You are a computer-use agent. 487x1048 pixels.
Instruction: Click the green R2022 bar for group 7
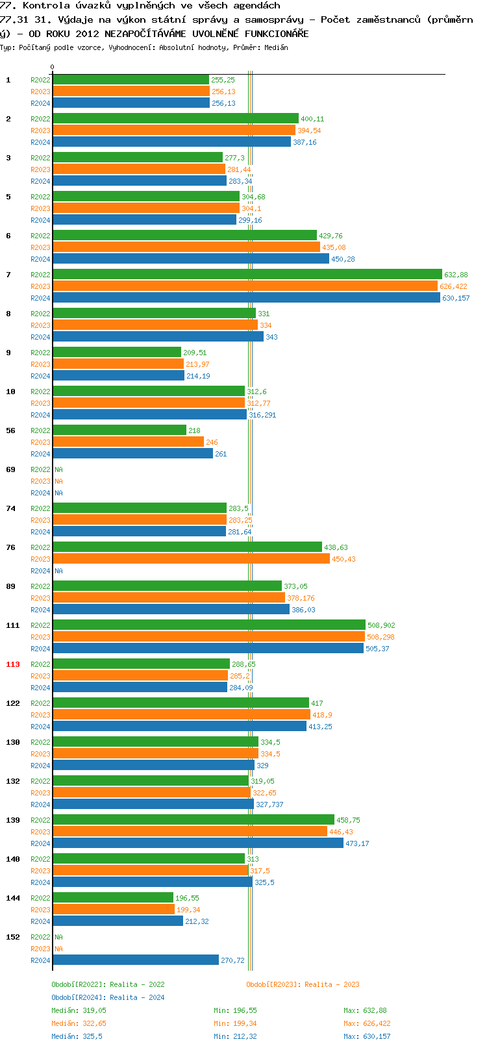click(247, 275)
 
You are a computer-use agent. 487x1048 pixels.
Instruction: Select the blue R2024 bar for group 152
click(136, 960)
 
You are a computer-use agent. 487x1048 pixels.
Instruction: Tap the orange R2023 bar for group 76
click(191, 558)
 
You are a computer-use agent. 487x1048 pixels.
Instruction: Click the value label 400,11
click(312, 119)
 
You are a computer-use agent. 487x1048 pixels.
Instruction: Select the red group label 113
click(13, 664)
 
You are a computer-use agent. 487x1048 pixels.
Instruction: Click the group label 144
click(13, 898)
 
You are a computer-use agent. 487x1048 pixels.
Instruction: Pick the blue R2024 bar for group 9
click(118, 375)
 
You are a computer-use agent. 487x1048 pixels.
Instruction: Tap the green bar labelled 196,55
click(113, 897)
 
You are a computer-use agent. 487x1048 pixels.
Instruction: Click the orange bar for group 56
click(128, 442)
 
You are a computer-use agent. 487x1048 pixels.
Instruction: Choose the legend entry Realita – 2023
click(303, 984)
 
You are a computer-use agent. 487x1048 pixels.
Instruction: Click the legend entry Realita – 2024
click(108, 997)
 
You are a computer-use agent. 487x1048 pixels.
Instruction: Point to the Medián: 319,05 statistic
click(79, 1010)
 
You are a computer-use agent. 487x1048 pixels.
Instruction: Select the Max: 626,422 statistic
click(367, 1023)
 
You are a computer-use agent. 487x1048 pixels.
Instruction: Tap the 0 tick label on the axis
click(53, 67)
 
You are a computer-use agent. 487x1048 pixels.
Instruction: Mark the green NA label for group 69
click(58, 469)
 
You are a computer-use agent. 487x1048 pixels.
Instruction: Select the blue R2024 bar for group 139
click(198, 843)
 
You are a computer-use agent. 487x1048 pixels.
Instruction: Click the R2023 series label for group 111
click(40, 637)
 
